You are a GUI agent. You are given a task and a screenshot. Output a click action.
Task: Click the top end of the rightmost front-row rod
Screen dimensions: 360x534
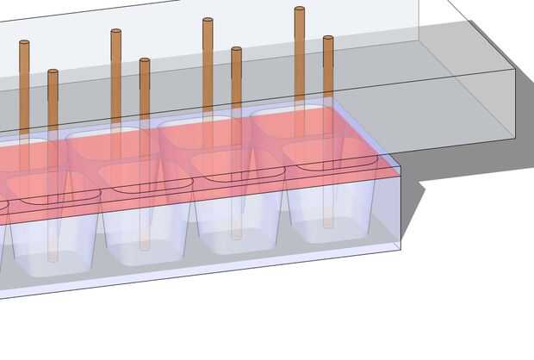pyautogui.click(x=328, y=39)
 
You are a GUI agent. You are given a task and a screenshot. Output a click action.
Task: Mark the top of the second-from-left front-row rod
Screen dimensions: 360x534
pyautogui.click(x=145, y=61)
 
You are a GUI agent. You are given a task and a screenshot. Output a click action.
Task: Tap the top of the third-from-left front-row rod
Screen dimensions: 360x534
pyautogui.click(x=236, y=50)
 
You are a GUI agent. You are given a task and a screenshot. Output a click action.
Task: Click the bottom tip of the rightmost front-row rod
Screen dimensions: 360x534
pyautogui.click(x=328, y=226)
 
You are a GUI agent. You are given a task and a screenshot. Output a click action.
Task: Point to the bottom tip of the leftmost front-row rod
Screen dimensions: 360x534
pyautogui.click(x=53, y=258)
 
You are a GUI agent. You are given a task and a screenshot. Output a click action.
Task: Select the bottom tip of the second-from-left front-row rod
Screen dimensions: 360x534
pyautogui.click(x=145, y=248)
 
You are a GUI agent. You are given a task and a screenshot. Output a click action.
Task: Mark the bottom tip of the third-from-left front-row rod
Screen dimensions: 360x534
pyautogui.click(x=236, y=237)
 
